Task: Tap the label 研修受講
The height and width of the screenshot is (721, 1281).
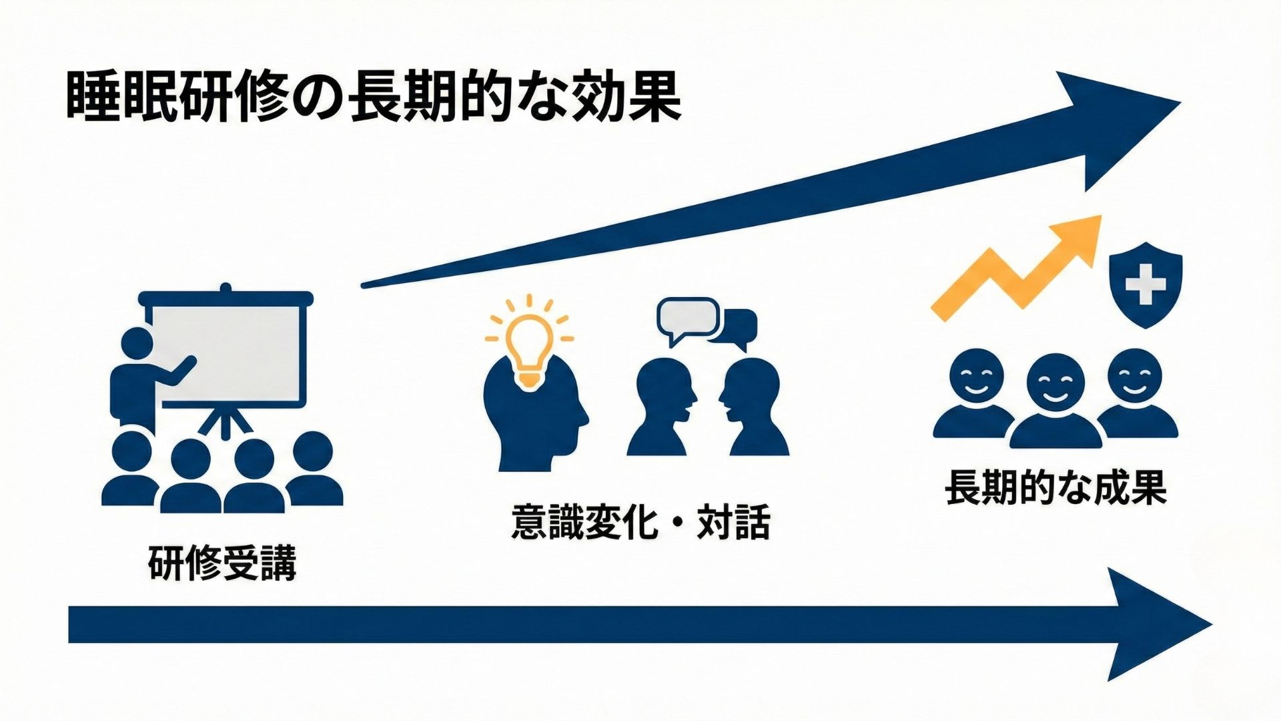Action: point(222,563)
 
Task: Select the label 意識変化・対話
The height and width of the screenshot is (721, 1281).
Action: point(640,522)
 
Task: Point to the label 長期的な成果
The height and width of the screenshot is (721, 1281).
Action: point(1055,488)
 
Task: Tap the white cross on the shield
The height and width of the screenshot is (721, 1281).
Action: point(1146,284)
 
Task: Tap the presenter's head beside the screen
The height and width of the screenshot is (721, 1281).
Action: point(137,342)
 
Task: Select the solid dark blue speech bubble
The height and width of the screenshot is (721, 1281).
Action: point(737,330)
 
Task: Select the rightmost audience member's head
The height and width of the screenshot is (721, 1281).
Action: point(313,452)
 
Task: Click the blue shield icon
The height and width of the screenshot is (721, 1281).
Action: point(1146,284)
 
